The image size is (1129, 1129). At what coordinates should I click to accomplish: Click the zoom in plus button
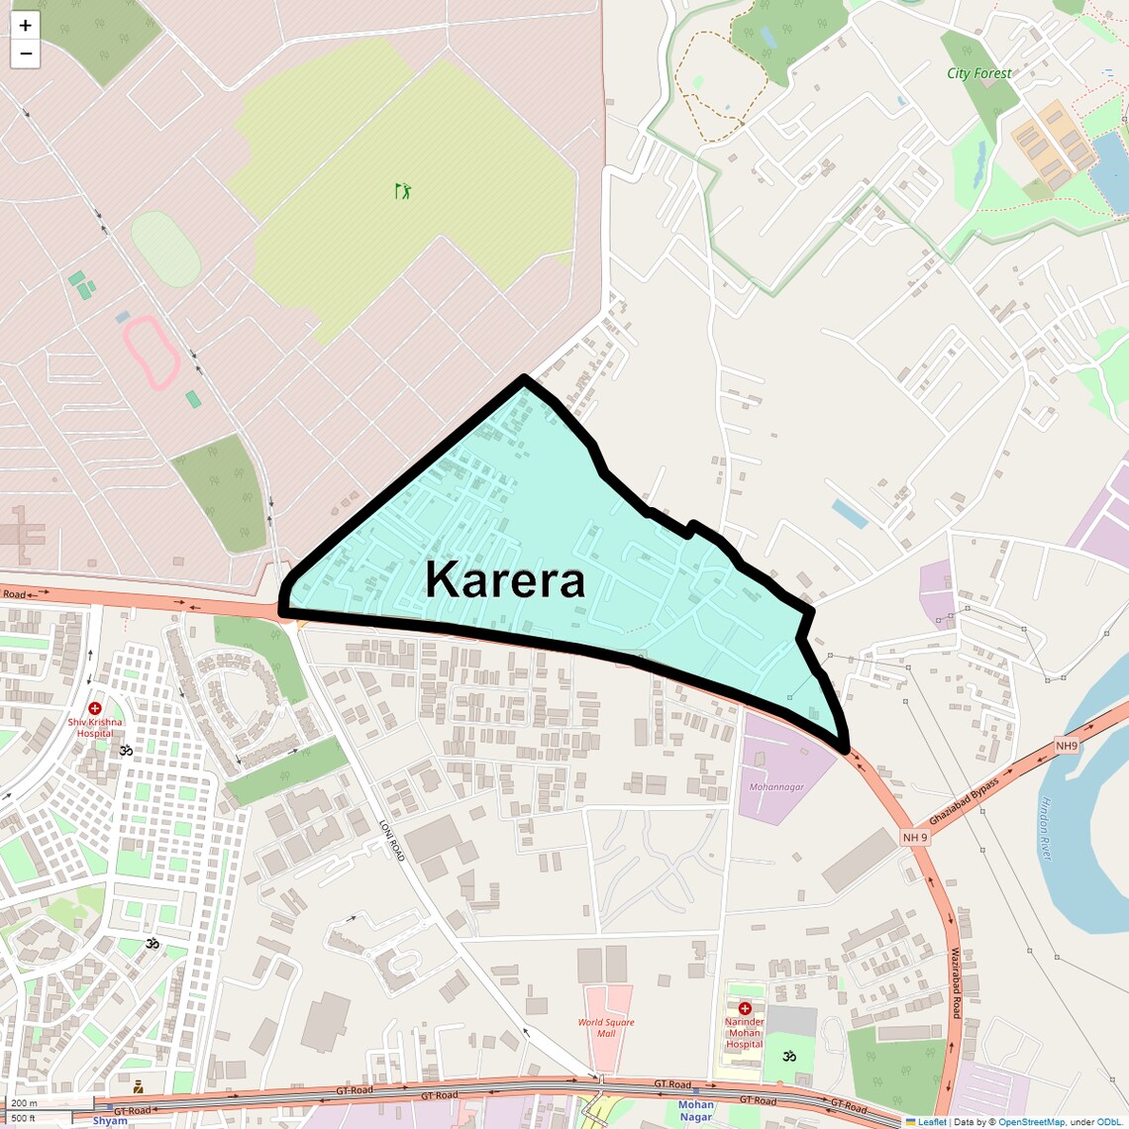25,26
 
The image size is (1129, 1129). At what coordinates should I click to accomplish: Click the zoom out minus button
25,53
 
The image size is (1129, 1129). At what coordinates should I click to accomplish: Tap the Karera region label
505,579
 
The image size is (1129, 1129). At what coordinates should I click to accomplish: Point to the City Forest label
978,73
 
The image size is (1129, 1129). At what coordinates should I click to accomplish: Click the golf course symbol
402,191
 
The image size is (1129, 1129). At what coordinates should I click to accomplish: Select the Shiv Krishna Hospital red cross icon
95,709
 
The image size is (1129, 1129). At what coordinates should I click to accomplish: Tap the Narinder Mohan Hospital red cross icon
745,1008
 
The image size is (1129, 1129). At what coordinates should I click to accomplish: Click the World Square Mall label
606,1028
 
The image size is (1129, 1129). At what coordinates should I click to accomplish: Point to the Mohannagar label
776,787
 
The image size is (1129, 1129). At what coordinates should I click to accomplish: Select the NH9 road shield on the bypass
1066,746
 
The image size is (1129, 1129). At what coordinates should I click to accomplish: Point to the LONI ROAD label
392,840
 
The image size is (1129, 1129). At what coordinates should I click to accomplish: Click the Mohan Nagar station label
695,1110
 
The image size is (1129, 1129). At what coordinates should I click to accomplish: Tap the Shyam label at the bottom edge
110,1121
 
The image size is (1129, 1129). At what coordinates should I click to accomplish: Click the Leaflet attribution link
931,1122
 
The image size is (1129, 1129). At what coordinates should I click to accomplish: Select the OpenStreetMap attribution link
1031,1122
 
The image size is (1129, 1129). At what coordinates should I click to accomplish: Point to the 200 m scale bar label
25,1103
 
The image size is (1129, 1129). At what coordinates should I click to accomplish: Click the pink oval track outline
151,352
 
